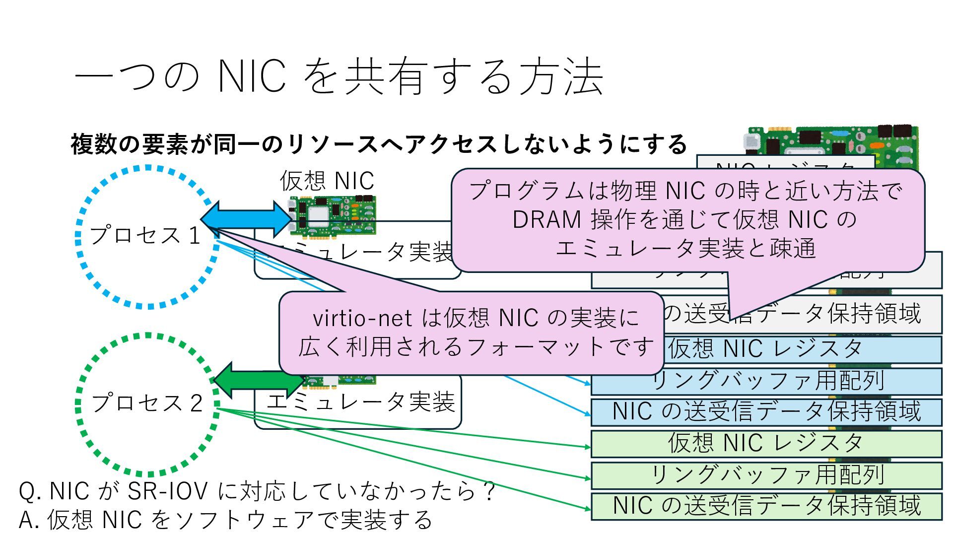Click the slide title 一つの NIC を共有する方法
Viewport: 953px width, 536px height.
click(339, 77)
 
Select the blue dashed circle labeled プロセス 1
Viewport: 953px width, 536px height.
click(147, 237)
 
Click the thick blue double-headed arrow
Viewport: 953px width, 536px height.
click(247, 217)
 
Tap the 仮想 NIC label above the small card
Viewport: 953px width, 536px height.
click(327, 181)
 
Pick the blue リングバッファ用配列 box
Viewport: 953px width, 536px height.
click(766, 381)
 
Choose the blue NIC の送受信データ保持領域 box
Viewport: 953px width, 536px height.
click(766, 412)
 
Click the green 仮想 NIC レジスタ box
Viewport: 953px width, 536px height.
click(766, 443)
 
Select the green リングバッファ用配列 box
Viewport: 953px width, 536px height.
click(766, 475)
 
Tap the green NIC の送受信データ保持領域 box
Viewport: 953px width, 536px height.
click(766, 506)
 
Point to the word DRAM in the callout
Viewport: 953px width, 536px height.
click(546, 220)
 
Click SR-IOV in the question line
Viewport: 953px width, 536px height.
click(167, 491)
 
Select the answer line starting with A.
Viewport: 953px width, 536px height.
click(225, 520)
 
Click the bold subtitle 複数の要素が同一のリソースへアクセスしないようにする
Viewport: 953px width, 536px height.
click(378, 144)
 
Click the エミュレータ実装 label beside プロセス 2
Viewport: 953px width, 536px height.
click(361, 402)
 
